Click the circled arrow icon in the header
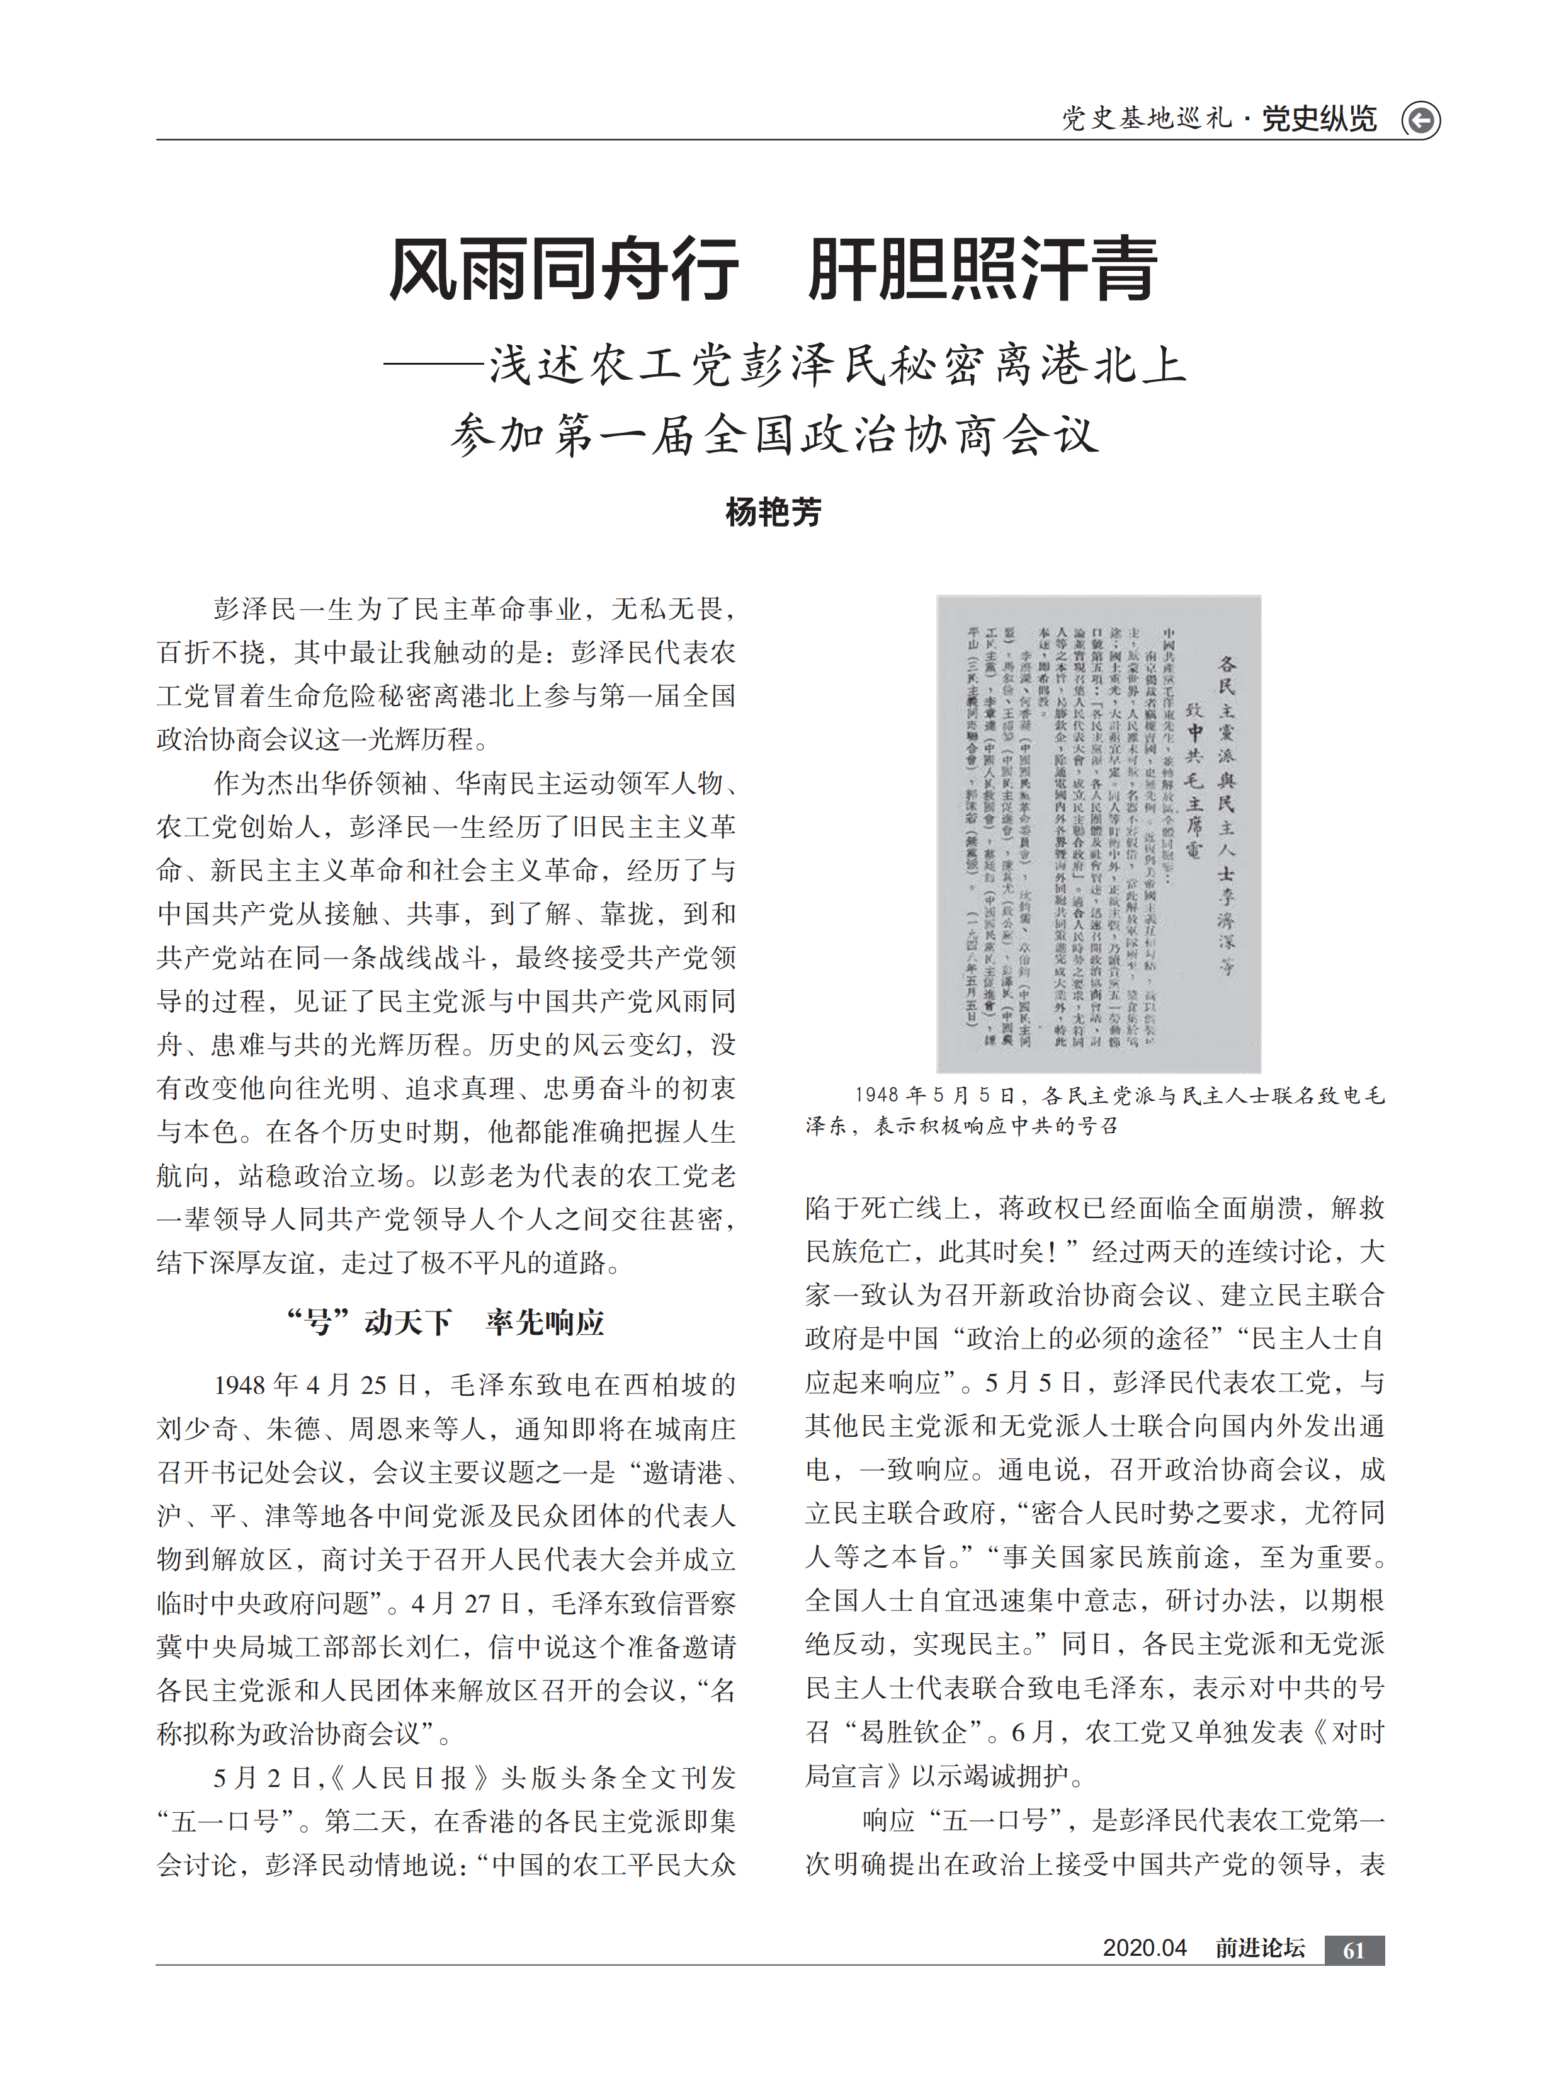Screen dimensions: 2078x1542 [x=1420, y=120]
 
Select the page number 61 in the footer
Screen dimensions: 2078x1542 [x=1354, y=1950]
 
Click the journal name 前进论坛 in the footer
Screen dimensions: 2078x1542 [x=1259, y=1948]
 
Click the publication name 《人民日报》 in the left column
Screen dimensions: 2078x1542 [x=408, y=1778]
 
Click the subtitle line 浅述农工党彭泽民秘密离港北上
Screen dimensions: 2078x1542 [x=837, y=365]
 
